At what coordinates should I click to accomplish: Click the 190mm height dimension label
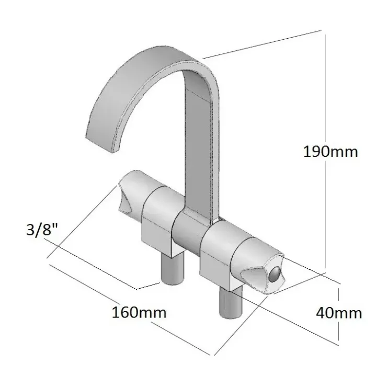(x=330, y=152)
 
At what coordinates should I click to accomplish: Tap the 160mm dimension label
(x=139, y=312)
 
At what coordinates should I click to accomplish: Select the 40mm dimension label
(x=339, y=313)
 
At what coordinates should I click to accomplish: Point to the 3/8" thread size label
(x=42, y=230)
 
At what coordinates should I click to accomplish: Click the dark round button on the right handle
(x=275, y=275)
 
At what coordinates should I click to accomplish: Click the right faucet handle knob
(x=259, y=267)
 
